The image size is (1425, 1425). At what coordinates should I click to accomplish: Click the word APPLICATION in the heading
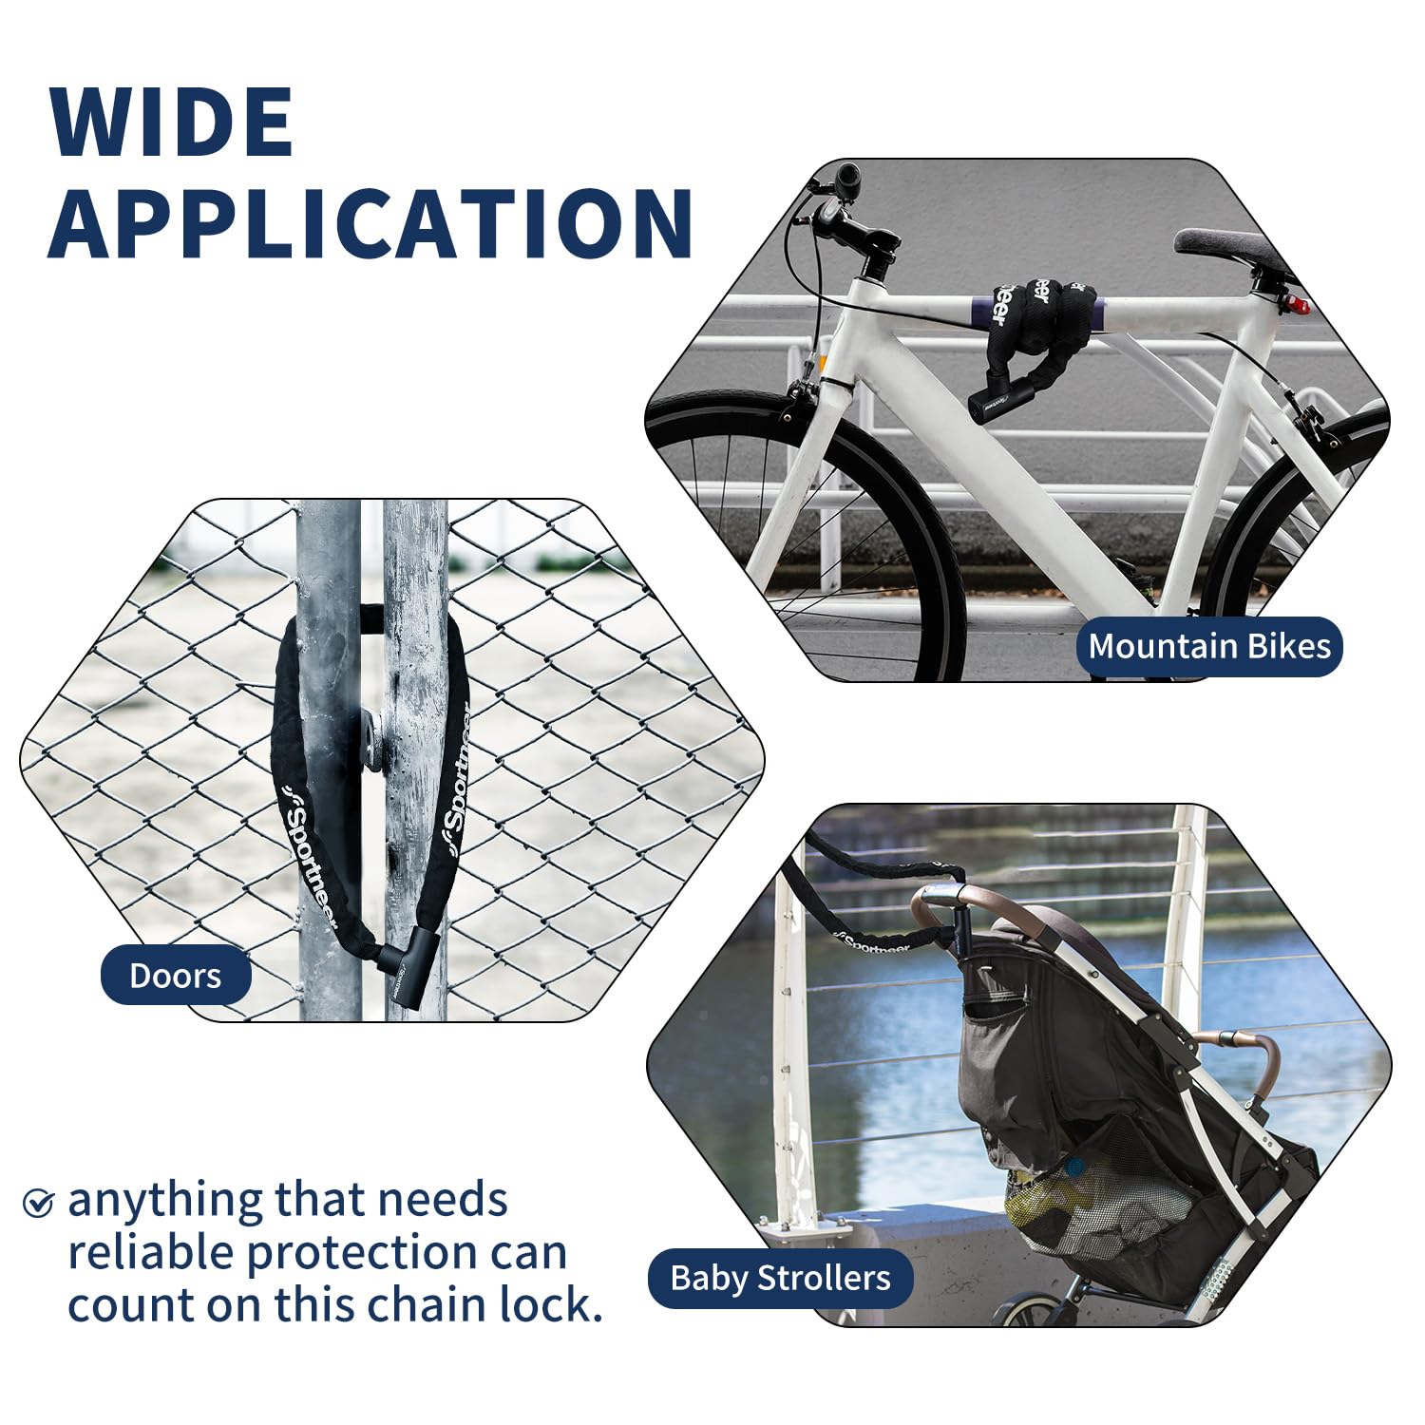point(370,224)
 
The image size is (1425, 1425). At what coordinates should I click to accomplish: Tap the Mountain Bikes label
point(1209,647)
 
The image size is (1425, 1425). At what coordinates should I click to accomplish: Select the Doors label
point(176,976)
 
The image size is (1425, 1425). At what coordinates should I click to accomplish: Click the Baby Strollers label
point(780,1278)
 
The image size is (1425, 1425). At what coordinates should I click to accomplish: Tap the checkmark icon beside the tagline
point(38,1203)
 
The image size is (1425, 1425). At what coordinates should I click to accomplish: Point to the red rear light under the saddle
point(1298,306)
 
